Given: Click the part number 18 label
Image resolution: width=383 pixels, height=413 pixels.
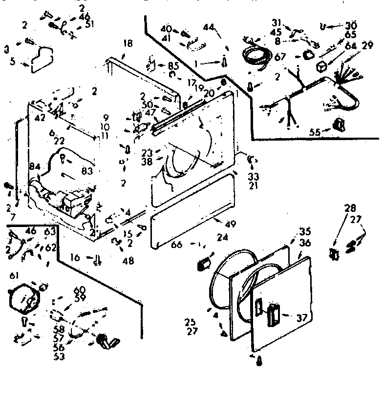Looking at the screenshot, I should [128, 44].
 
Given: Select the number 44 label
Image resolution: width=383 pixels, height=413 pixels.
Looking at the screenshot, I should [209, 27].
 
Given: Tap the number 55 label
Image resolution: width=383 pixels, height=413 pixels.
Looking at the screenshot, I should [315, 131].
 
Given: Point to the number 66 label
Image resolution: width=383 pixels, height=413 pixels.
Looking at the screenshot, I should [176, 245].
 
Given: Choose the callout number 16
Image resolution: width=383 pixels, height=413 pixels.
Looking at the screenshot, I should [75, 257].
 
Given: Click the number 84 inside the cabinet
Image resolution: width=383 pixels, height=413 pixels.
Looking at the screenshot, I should [34, 167].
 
